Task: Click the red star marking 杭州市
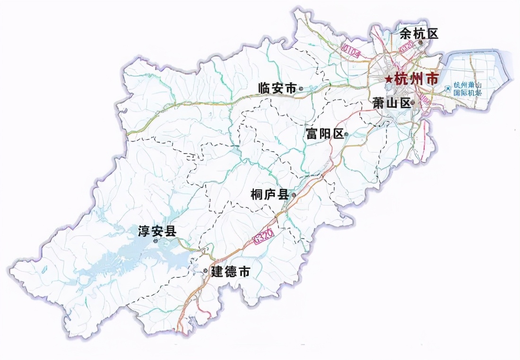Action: point(388,79)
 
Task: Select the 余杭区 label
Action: point(419,34)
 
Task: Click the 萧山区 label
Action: point(391,103)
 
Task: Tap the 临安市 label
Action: point(277,88)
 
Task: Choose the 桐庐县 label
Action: point(270,195)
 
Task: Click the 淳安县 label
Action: point(156,231)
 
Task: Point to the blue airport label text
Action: point(468,89)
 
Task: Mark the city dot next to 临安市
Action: point(301,88)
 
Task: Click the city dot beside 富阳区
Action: point(347,135)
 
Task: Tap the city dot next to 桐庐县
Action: point(294,195)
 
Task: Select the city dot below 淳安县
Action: point(156,241)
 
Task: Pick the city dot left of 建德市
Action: point(205,271)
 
